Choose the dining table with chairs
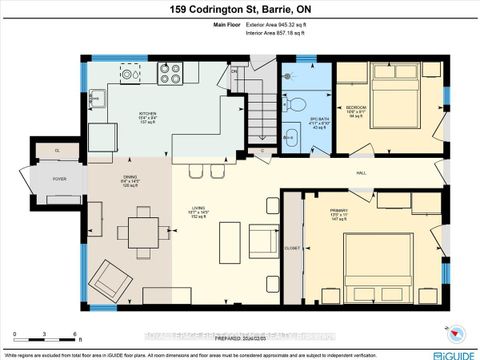click(x=137, y=231)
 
